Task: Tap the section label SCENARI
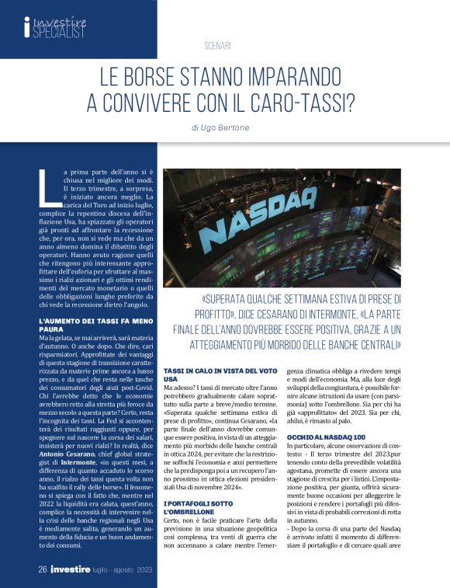[218, 46]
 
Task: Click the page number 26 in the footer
[43, 570]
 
